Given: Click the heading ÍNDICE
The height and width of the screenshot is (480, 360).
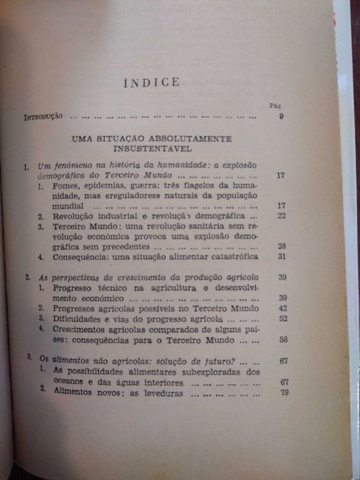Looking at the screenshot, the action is click(x=151, y=83).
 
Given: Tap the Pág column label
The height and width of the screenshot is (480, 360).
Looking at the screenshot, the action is click(x=276, y=106).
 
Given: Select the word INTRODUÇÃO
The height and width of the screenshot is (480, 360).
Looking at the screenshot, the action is click(x=43, y=117).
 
